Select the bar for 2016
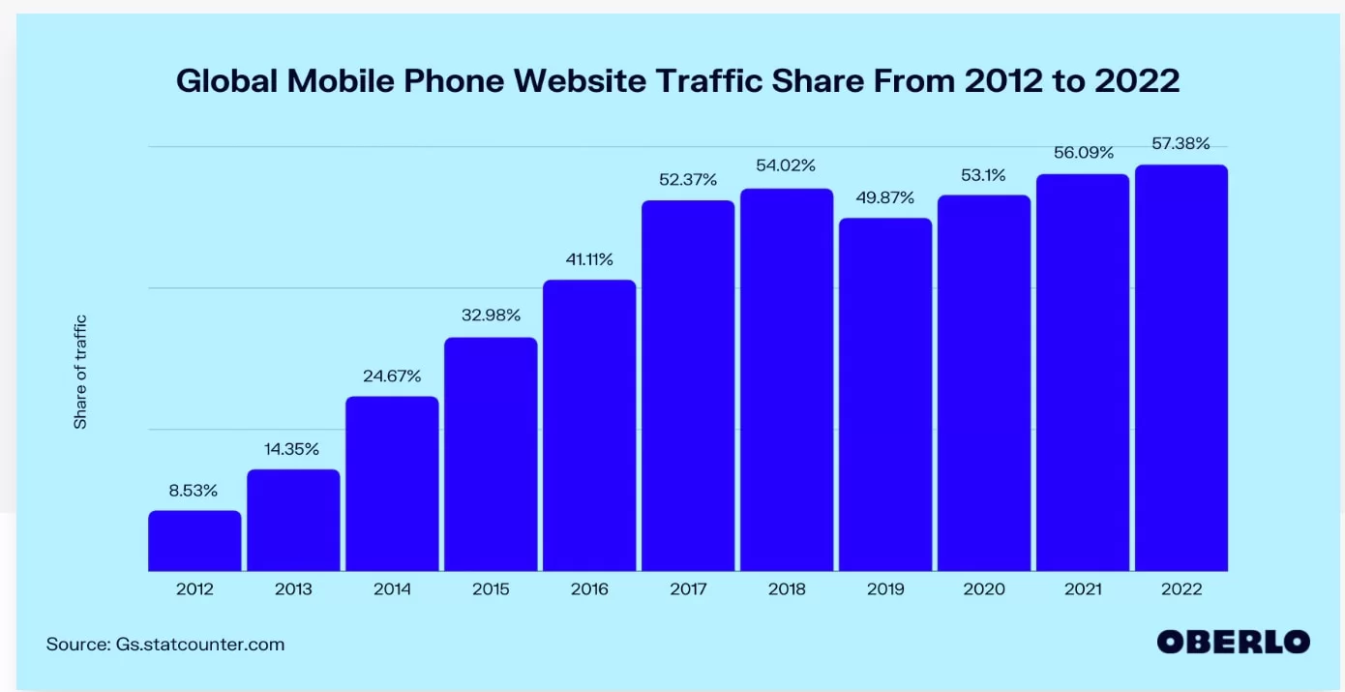589,425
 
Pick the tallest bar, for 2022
1181,368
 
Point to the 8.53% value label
194,491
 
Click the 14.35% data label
293,449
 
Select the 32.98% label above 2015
491,315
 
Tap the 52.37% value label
688,179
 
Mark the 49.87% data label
885,197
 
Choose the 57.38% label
1181,143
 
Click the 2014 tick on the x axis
392,588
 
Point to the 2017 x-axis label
688,588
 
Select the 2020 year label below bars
984,588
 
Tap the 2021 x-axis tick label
1083,588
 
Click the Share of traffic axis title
81,372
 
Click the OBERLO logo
1234,642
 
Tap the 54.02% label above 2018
787,165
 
